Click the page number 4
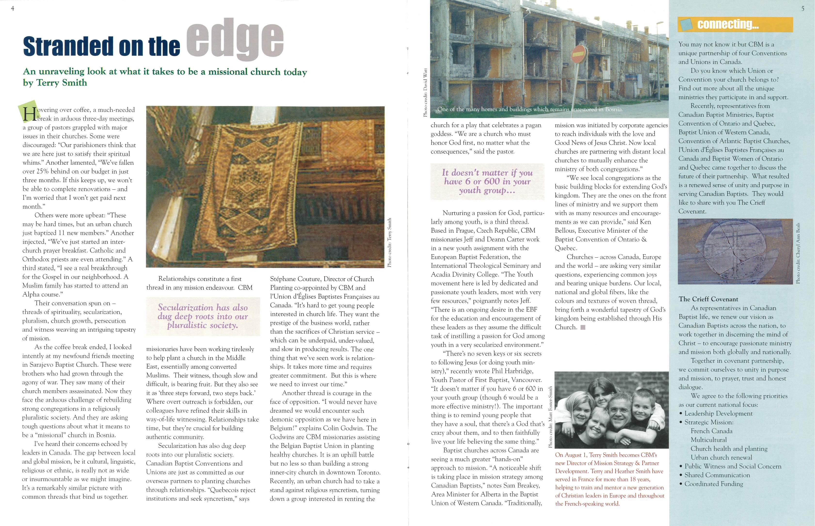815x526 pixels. (x=13, y=8)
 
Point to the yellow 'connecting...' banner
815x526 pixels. (x=735, y=24)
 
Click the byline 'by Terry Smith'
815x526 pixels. (x=55, y=83)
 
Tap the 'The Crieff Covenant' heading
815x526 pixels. (x=708, y=299)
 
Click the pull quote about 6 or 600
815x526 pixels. (x=487, y=181)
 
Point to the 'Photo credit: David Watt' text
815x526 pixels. (x=425, y=92)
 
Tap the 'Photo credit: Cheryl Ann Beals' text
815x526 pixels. (x=798, y=253)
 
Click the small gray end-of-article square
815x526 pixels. (x=583, y=327)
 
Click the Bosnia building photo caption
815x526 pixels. (x=530, y=109)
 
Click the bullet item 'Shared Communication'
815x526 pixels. (x=717, y=475)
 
